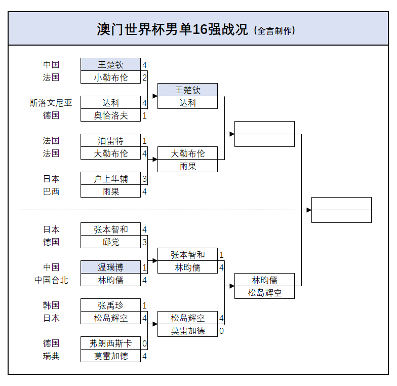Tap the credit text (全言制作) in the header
[274, 30]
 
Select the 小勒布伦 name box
[110, 78]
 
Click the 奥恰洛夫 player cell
[110, 115]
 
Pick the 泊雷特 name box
[110, 141]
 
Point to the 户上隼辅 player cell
[110, 179]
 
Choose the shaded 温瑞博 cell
[110, 267]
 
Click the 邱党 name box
[110, 242]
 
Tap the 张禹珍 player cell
[110, 305]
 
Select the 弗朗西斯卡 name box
[110, 343]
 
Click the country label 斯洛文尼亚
[51, 103]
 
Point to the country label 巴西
[51, 191]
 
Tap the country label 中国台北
[51, 280]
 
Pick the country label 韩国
[51, 305]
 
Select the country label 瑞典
[51, 356]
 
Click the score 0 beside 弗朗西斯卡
[144, 343]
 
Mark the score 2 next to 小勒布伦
[144, 78]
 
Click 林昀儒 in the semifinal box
[264, 280]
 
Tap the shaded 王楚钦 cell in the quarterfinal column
[187, 90]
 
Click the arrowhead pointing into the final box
[308, 210]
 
